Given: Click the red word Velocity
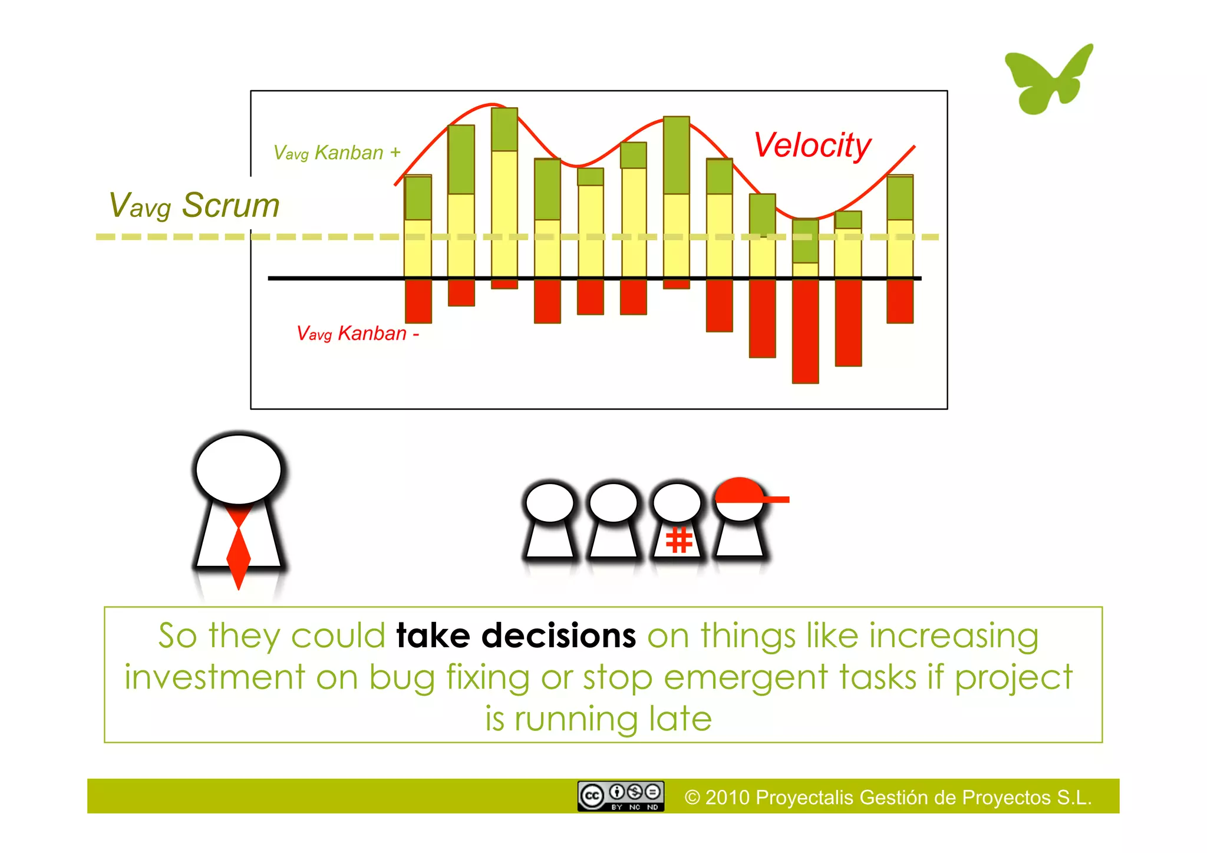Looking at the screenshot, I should (812, 145).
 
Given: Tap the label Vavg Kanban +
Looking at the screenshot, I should (337, 153).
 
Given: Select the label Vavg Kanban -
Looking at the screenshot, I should (357, 334).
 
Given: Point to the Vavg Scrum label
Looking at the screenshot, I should (194, 206).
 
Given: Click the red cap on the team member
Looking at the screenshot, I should (741, 491).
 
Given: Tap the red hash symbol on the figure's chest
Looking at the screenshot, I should (678, 540).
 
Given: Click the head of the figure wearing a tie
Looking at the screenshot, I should (239, 470).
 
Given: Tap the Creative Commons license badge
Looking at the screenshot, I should (621, 796).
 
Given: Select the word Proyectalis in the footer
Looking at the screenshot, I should (804, 798).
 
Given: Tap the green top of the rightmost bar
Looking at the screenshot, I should (900, 197).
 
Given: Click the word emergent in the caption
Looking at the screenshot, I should (746, 678).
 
